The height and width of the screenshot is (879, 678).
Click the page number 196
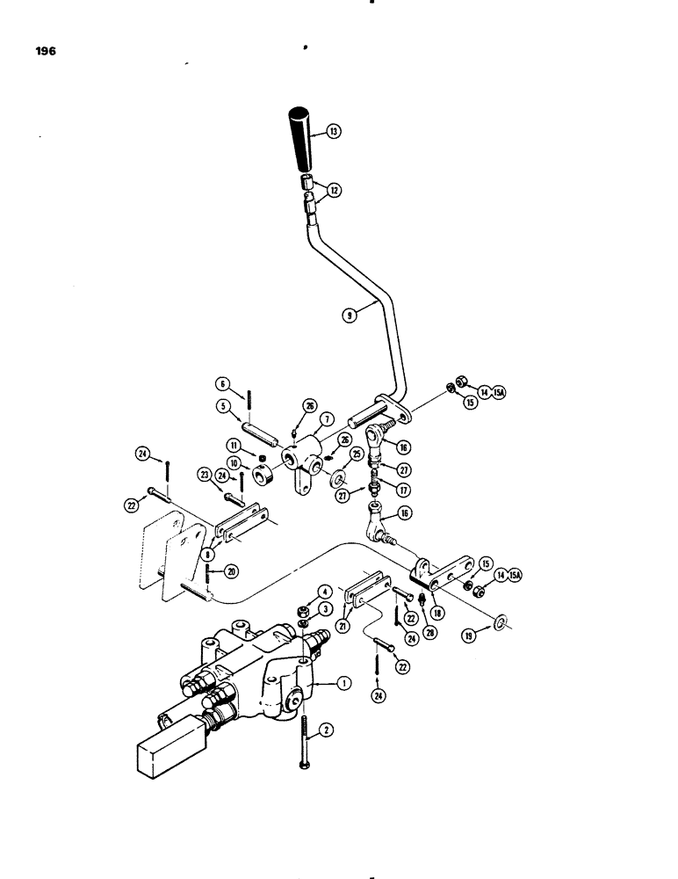(46, 52)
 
